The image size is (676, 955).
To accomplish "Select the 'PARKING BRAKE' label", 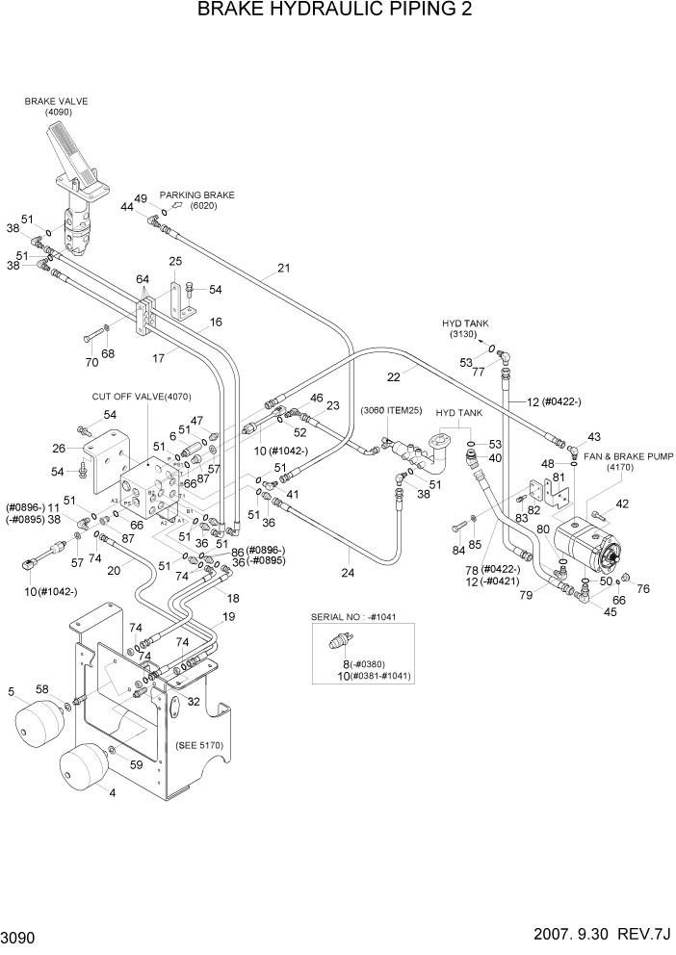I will coord(196,194).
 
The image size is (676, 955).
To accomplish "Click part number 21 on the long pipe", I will coord(283,269).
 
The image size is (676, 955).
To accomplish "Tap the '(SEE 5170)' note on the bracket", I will coord(200,744).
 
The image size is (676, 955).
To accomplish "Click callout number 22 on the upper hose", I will coord(394,376).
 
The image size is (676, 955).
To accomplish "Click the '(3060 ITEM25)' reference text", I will coord(392,411).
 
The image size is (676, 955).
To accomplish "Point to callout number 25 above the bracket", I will coord(175,261).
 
